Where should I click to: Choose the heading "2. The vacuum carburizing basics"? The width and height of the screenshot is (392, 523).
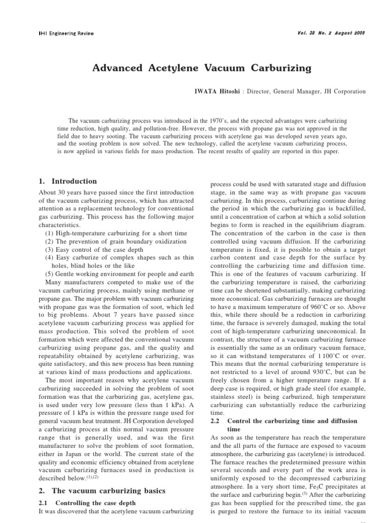click(x=102, y=491)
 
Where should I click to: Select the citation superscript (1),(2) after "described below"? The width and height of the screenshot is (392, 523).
click(x=92, y=477)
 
